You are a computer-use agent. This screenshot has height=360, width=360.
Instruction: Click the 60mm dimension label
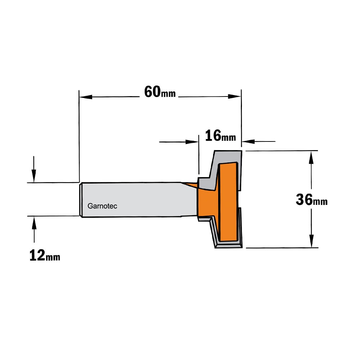coord(160,92)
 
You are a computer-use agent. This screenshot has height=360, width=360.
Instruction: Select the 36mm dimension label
coord(311,199)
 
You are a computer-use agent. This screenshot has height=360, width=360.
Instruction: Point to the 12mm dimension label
coord(45,255)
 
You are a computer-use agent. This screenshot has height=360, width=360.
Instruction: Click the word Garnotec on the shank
coord(102,206)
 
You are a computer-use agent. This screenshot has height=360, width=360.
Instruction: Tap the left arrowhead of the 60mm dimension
coord(86,97)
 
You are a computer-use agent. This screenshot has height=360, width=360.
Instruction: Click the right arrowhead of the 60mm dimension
coord(234,96)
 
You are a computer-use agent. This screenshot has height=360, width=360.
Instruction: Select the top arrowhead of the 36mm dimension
coord(311,157)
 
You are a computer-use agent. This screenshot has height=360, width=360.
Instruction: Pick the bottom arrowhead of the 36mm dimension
coord(311,241)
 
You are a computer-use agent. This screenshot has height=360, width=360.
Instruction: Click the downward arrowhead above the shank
coord(34,176)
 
